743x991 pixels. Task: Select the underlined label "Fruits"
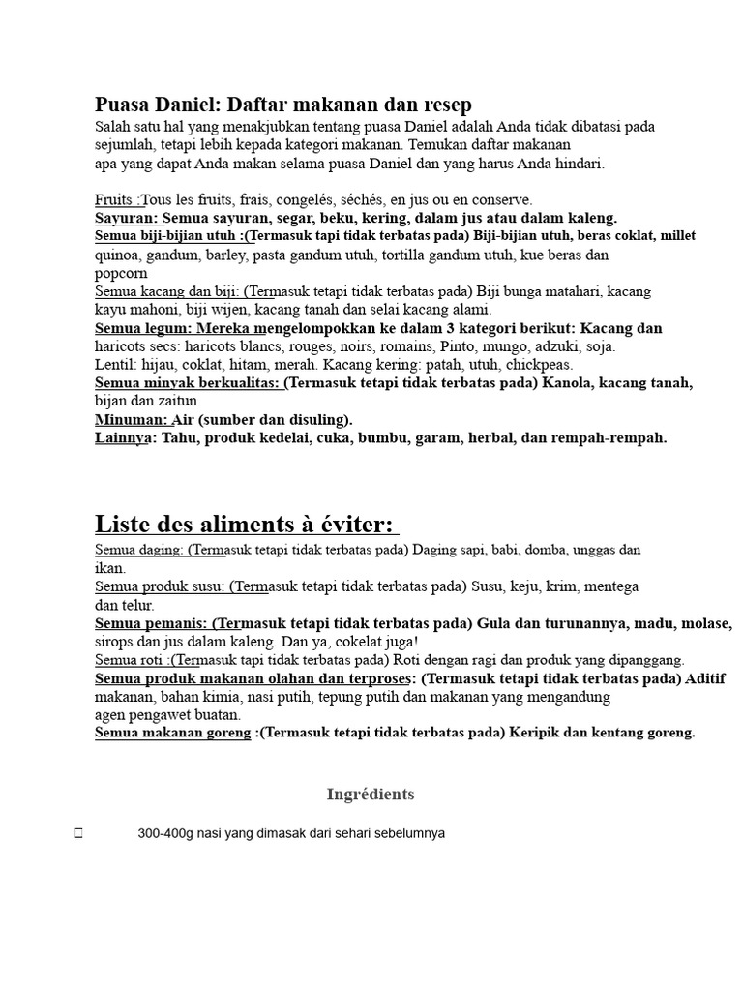click(x=115, y=200)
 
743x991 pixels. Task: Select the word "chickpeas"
click(x=539, y=365)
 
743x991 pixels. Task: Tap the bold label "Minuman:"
click(x=131, y=420)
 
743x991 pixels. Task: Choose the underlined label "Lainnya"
click(x=123, y=438)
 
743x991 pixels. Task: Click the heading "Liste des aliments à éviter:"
click(x=246, y=525)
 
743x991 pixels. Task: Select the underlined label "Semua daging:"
click(x=139, y=550)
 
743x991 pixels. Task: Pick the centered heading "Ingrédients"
click(x=371, y=795)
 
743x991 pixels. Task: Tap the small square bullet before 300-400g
click(x=78, y=833)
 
